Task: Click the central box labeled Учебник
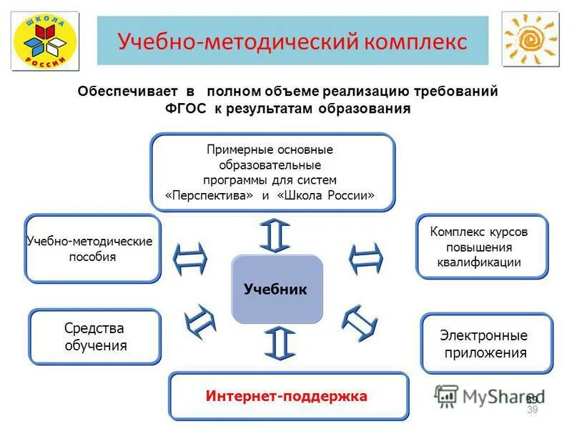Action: [x=277, y=290]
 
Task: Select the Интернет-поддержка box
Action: [x=288, y=395]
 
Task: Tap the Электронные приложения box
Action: [x=486, y=343]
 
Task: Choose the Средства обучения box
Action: [x=94, y=337]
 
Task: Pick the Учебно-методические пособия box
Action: [x=92, y=248]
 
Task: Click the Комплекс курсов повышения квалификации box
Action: [x=481, y=246]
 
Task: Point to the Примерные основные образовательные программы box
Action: [x=272, y=172]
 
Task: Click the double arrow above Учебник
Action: [x=277, y=235]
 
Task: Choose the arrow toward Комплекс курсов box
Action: [x=365, y=258]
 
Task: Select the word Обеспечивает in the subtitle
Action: [x=127, y=92]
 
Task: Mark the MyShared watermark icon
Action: [x=447, y=395]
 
